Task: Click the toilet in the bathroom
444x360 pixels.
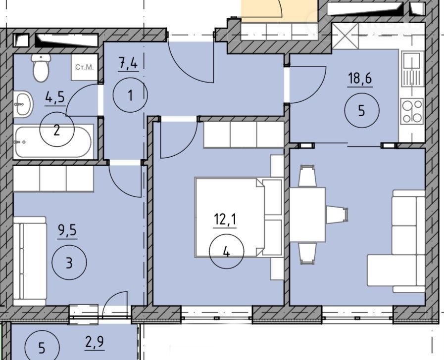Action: [x=42, y=67]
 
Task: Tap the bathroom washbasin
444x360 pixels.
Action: [x=23, y=104]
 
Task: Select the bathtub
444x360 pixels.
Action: [x=53, y=142]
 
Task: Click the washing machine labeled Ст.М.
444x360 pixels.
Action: [x=84, y=67]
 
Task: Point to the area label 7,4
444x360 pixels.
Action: [x=128, y=64]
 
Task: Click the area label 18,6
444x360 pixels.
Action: [x=360, y=78]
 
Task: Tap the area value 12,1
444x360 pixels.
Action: [x=225, y=220]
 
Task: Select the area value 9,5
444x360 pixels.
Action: [x=67, y=231]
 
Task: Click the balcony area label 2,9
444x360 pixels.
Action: [x=95, y=343]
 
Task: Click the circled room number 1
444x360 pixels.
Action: [x=130, y=95]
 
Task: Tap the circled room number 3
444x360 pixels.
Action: [x=69, y=263]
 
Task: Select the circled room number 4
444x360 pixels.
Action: [x=226, y=251]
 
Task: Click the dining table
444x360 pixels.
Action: [x=307, y=215]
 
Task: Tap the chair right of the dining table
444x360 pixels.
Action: [x=337, y=215]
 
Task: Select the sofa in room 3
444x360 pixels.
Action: [x=30, y=261]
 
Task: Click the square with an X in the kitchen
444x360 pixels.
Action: [x=345, y=36]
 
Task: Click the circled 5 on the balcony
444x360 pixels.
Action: [x=42, y=348]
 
